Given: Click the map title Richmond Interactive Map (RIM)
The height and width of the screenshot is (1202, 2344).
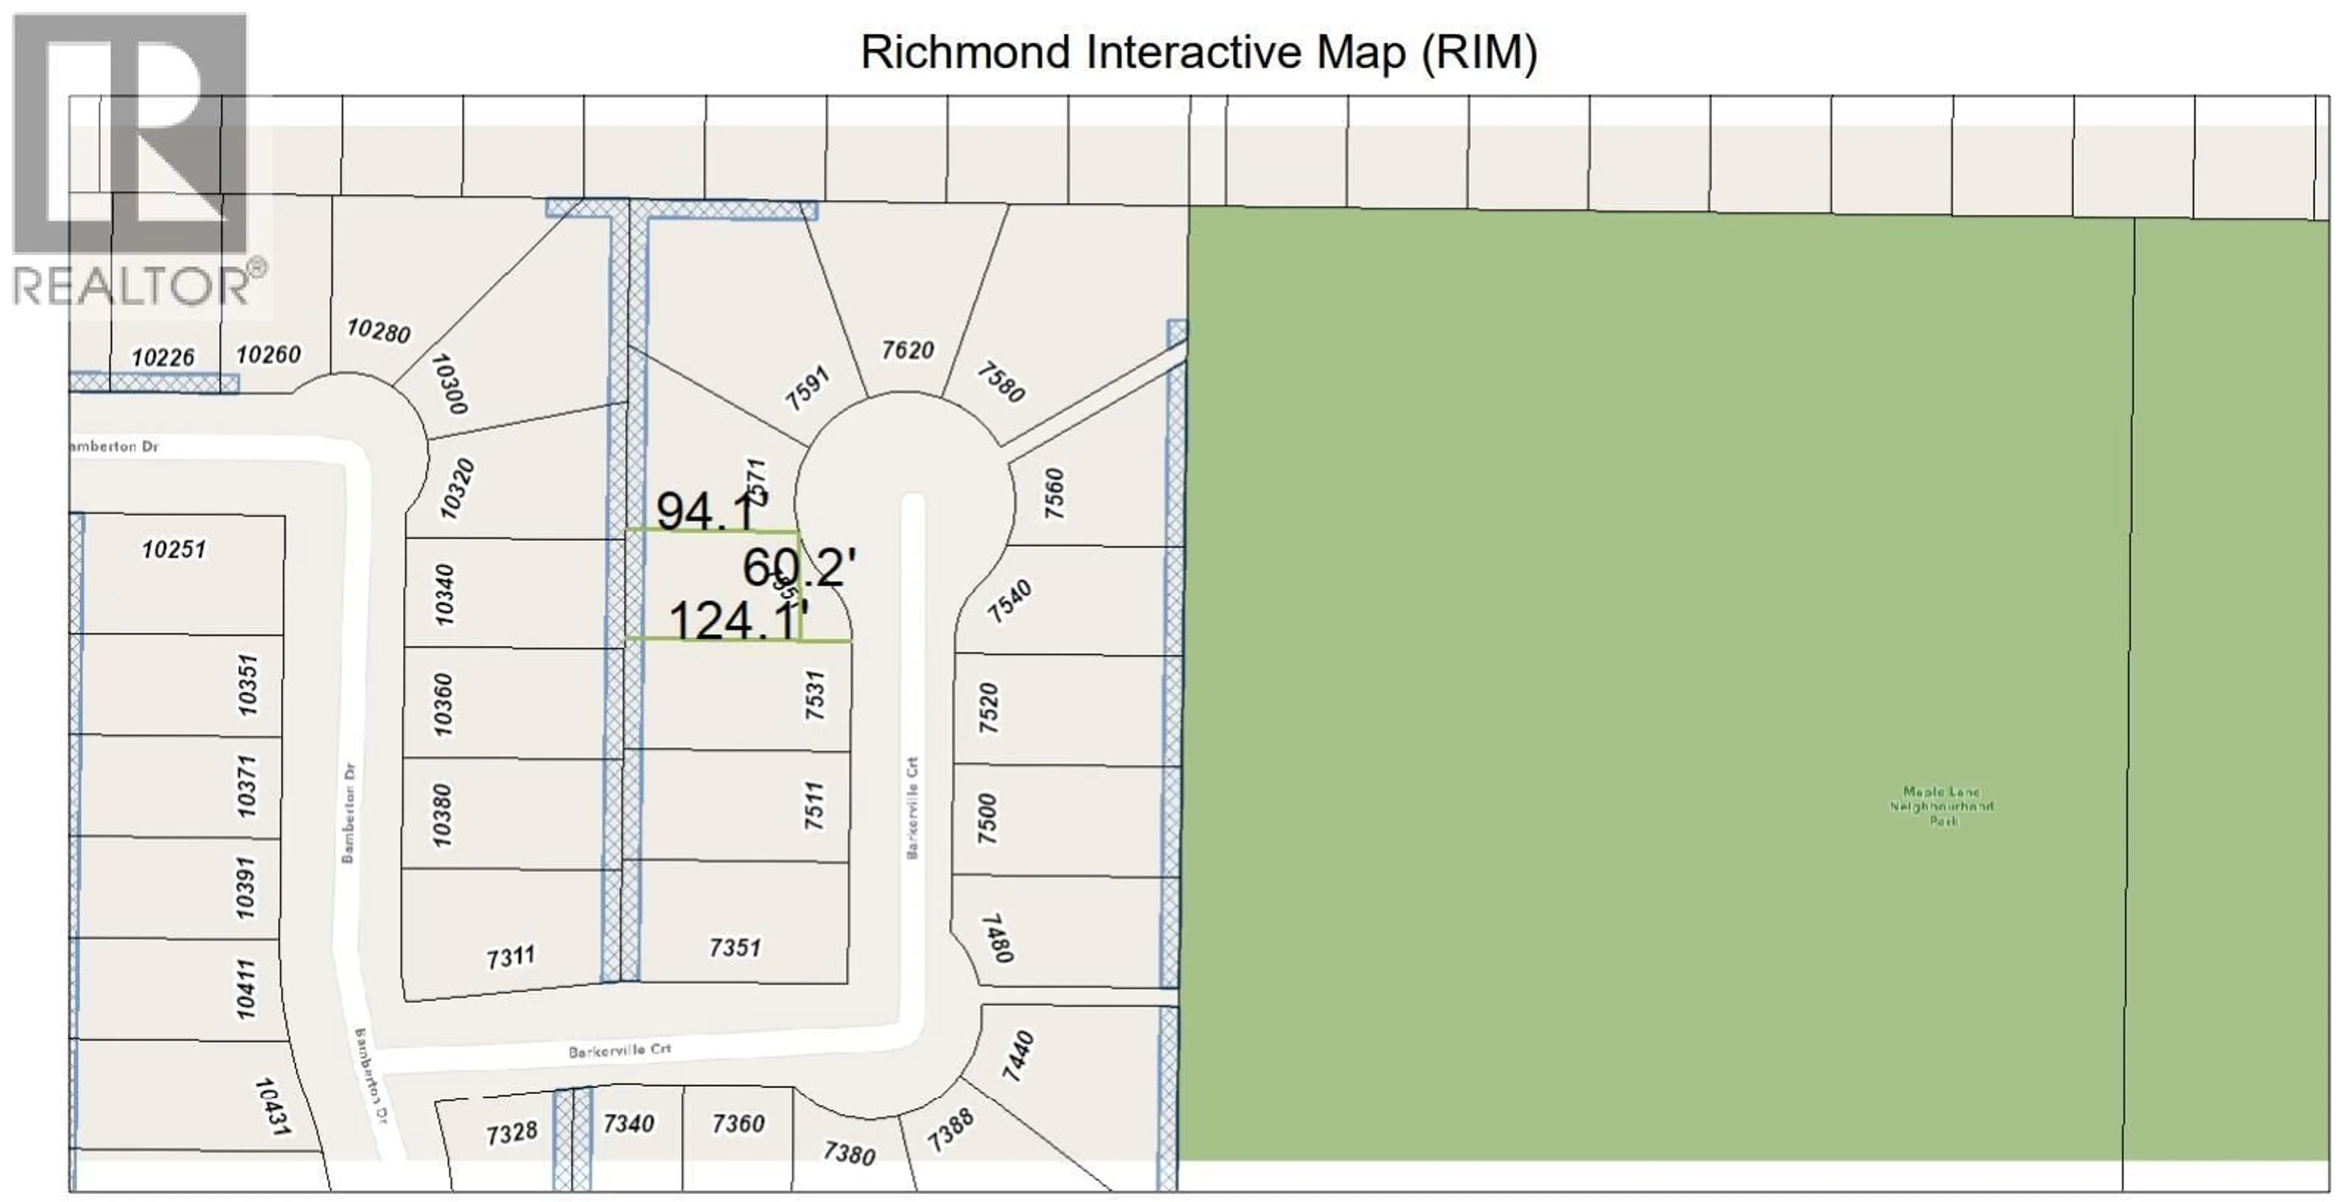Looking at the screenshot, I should (1198, 52).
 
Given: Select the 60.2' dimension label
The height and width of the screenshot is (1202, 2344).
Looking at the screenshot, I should (799, 568).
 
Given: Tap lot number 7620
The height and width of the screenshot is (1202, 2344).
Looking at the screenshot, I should (907, 349).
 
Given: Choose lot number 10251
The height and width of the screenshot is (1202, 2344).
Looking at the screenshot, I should (174, 549).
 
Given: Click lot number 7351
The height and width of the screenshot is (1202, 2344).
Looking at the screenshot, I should (734, 948).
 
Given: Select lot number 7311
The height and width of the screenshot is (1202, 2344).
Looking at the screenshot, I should (510, 957).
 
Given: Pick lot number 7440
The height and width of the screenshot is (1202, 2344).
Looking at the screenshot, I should (1018, 1055).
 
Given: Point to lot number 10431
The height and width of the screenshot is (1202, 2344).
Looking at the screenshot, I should (272, 1106).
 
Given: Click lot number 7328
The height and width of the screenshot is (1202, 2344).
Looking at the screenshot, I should (512, 1134).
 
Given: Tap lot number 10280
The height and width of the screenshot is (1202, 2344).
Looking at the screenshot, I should (378, 330).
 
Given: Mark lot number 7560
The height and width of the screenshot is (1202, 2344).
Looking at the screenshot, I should (1054, 493).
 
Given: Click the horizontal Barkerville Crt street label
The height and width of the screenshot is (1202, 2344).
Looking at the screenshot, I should (620, 1050).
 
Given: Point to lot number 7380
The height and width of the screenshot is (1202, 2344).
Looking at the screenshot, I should (849, 1154).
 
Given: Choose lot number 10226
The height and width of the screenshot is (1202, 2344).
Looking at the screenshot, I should (163, 357).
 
